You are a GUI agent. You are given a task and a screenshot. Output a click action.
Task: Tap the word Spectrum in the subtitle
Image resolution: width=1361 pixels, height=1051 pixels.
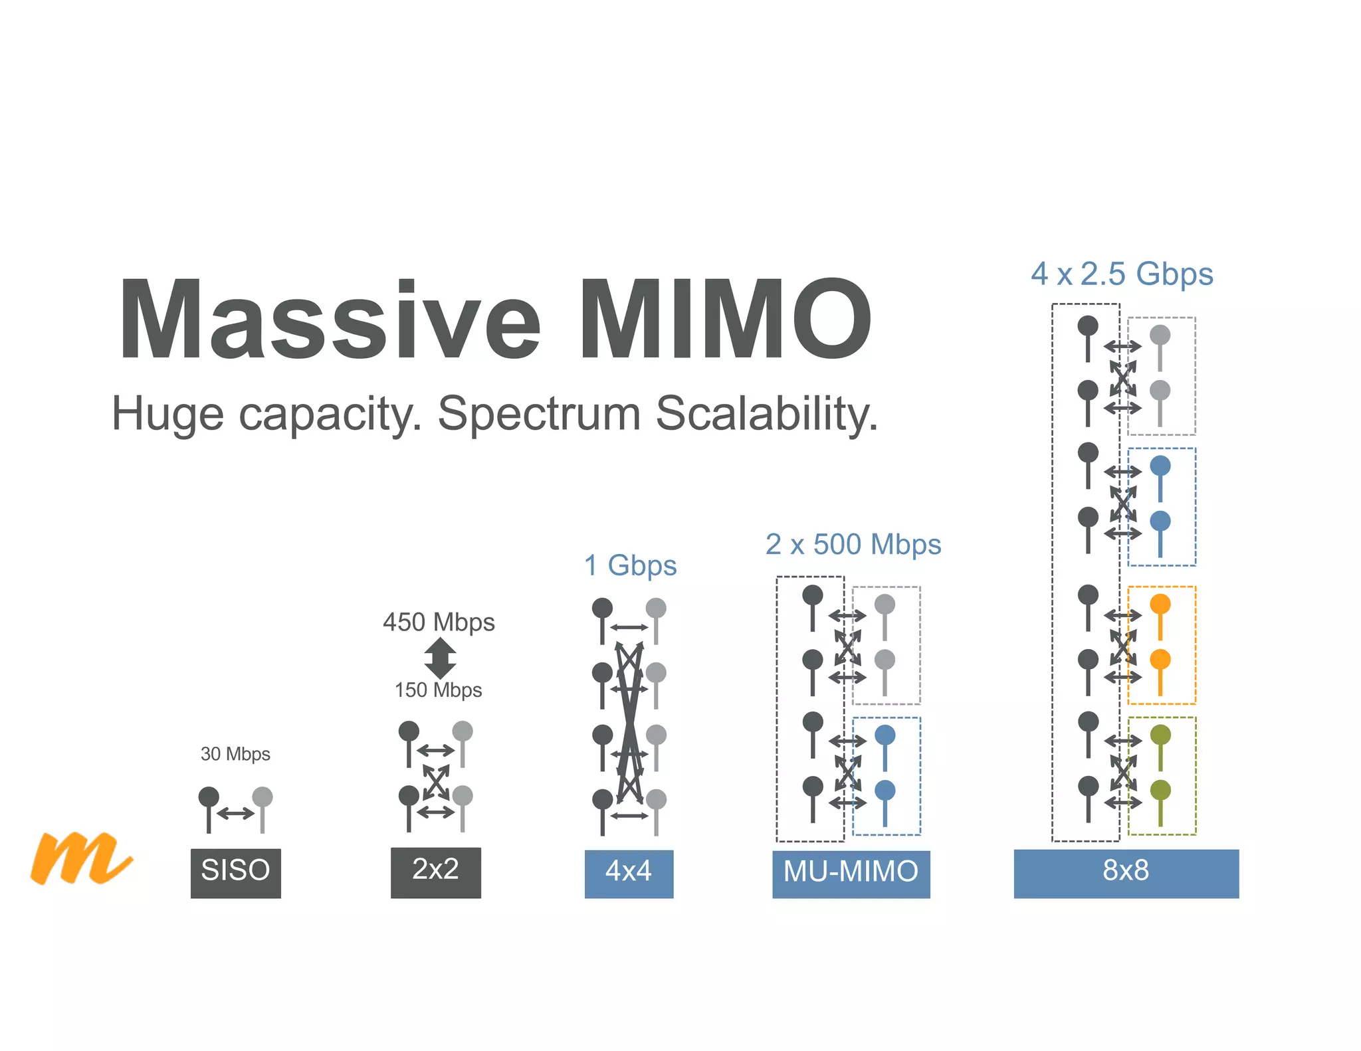[539, 413]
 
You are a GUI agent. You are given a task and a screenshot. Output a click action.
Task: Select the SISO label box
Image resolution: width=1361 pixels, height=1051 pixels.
[235, 872]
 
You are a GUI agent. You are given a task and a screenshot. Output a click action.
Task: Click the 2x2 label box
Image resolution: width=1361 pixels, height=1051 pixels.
[435, 872]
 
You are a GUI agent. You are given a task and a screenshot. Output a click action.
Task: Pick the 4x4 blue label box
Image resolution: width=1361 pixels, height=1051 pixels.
[629, 873]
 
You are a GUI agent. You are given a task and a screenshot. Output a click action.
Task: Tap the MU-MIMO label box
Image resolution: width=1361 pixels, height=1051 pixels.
[851, 873]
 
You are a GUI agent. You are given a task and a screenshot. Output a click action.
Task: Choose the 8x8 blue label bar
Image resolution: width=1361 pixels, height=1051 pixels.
[1126, 873]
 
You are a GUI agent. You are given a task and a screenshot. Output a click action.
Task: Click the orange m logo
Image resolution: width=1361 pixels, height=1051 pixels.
[80, 858]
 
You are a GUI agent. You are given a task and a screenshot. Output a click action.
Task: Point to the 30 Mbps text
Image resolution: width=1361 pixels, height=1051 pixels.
[235, 754]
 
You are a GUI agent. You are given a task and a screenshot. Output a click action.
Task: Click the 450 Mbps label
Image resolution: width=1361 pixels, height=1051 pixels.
[439, 622]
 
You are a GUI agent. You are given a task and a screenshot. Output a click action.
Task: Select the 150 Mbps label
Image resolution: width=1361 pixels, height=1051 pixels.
[438, 690]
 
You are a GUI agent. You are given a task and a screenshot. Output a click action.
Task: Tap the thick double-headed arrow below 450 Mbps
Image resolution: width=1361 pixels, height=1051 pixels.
[439, 658]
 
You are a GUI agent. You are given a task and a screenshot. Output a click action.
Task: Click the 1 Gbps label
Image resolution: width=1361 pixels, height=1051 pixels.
[630, 566]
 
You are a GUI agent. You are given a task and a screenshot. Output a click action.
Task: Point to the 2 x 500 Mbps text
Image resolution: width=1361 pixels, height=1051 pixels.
[853, 545]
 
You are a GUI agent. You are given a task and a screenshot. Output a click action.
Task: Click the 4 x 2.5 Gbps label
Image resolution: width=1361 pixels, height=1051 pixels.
[1122, 274]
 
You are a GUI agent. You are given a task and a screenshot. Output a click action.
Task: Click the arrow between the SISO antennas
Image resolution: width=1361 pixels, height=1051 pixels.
[235, 812]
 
